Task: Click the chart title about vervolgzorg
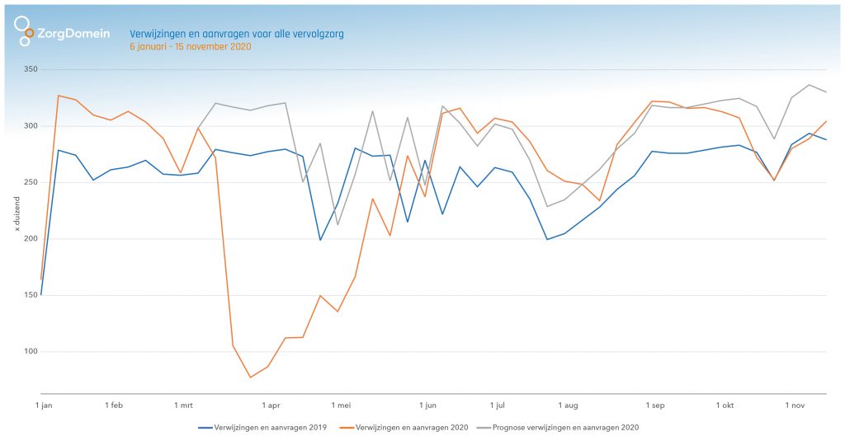pos(236,34)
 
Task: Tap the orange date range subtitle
pos(190,47)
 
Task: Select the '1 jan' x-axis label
pos(45,406)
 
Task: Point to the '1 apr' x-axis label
pos(271,406)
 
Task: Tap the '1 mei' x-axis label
pos(341,406)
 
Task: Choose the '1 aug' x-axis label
pos(567,406)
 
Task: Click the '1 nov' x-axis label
pos(795,406)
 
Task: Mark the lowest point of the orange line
pos(250,377)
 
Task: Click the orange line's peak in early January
pos(59,96)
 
